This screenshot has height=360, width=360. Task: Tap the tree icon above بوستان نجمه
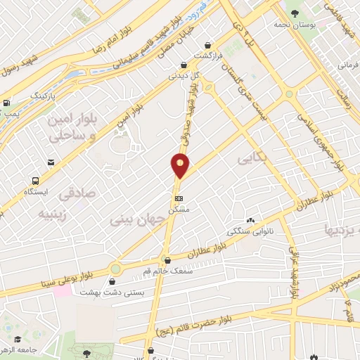tap(294, 13)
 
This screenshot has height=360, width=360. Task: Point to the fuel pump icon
tap(6, 103)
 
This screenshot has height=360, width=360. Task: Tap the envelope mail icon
tap(51, 163)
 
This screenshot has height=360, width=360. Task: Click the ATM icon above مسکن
tap(179, 198)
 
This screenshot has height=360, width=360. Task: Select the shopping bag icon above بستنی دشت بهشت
tap(112, 281)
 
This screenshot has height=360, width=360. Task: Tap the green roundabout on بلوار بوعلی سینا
tap(115, 269)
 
